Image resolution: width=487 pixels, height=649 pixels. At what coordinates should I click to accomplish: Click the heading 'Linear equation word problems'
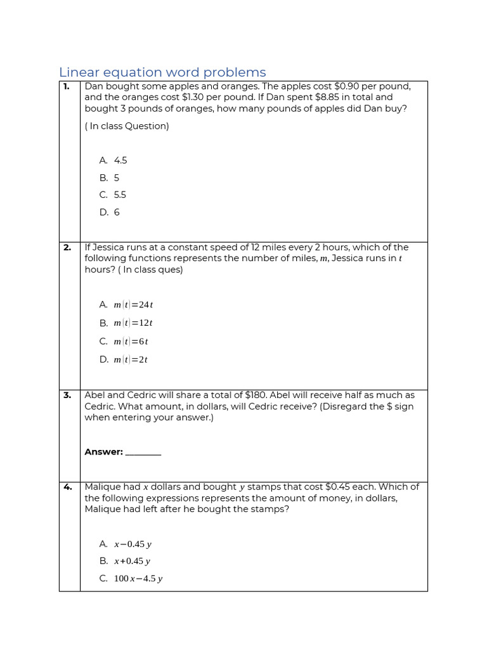tap(162, 72)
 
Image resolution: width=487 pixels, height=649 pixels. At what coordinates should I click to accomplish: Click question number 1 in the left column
tap(67, 87)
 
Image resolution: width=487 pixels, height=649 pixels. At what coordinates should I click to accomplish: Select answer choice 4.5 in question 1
tap(120, 160)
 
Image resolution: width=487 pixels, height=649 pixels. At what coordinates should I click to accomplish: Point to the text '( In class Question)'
tap(127, 126)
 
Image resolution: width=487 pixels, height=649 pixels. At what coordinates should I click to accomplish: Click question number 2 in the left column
tap(67, 248)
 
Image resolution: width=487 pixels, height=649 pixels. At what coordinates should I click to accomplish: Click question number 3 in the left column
tap(67, 395)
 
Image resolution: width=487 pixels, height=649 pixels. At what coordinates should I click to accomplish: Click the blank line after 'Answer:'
tap(143, 453)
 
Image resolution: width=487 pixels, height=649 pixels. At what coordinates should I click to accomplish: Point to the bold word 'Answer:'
tap(103, 452)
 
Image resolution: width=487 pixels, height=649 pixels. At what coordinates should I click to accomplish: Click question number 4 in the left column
tap(67, 487)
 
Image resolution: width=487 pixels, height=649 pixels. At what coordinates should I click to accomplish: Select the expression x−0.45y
tap(133, 544)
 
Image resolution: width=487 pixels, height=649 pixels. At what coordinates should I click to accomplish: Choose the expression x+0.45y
tap(132, 562)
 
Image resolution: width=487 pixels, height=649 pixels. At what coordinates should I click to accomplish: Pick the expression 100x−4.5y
tap(138, 579)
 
